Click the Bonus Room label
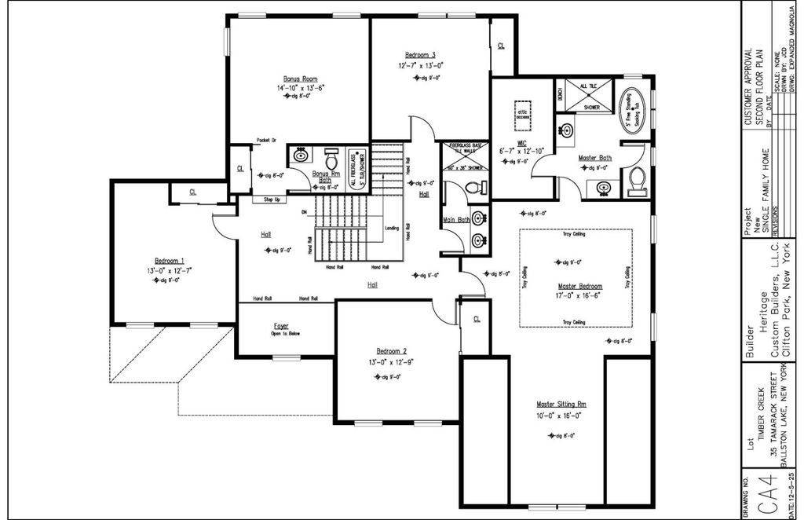coord(300,79)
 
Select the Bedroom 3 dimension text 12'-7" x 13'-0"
coord(420,65)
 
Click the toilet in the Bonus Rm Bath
coord(331,156)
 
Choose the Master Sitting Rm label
coord(561,405)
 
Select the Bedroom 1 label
coord(170,260)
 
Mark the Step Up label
coord(272,200)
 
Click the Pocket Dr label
coord(267,141)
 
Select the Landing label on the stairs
coord(391,229)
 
